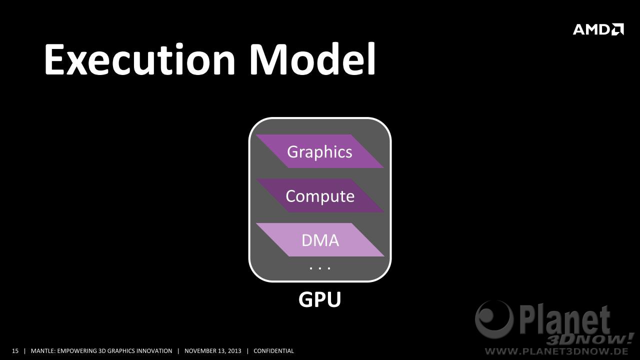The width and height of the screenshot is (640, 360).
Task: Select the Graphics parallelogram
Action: [x=319, y=151]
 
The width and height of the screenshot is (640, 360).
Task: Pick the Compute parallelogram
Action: [x=319, y=195]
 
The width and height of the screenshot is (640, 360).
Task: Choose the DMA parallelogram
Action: [x=320, y=239]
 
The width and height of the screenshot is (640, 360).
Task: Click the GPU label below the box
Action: [x=319, y=299]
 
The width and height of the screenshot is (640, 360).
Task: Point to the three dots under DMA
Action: [x=320, y=268]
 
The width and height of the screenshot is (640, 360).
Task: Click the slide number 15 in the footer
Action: [x=15, y=351]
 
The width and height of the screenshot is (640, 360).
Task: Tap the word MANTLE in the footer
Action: [x=43, y=351]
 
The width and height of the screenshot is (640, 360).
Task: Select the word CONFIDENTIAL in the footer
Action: [x=273, y=351]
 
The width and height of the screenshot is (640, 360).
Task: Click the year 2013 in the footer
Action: [x=234, y=351]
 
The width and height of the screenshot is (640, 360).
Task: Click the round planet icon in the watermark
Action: [x=494, y=319]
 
